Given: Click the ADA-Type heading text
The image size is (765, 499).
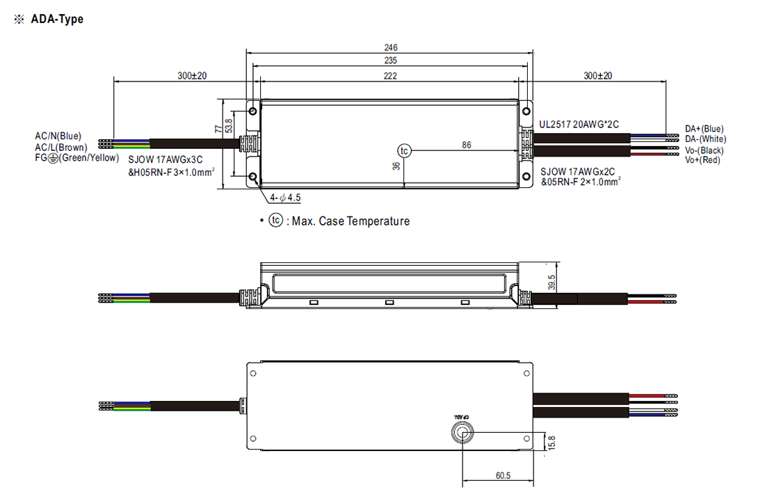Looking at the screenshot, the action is pyautogui.click(x=57, y=19).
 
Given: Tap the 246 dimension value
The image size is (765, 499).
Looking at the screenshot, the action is pyautogui.click(x=391, y=47).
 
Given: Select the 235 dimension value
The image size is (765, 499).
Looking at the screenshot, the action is pyautogui.click(x=391, y=61).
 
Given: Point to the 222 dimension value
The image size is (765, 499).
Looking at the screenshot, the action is pyautogui.click(x=390, y=76).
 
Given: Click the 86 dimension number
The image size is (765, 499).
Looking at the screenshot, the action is pyautogui.click(x=467, y=145).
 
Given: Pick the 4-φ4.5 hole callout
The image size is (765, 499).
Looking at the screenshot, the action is pyautogui.click(x=285, y=198).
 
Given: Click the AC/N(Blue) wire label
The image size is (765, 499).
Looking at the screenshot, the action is pyautogui.click(x=58, y=136).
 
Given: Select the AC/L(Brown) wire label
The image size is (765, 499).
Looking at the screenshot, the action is pyautogui.click(x=61, y=147).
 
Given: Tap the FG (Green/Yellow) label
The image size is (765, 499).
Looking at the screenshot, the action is pyautogui.click(x=76, y=158).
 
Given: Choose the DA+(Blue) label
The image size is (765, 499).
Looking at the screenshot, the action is pyautogui.click(x=704, y=129).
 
